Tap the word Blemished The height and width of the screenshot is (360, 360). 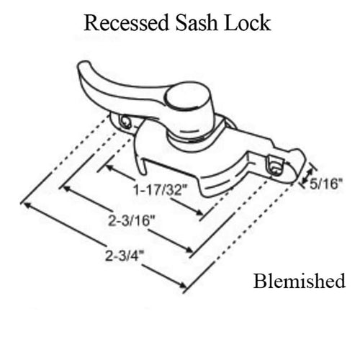click(x=299, y=281)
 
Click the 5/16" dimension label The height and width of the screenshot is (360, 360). click(x=332, y=185)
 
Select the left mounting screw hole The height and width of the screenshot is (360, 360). click(x=126, y=123)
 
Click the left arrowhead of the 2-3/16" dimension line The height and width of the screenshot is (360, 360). click(x=66, y=189)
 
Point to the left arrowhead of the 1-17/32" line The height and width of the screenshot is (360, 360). click(x=108, y=167)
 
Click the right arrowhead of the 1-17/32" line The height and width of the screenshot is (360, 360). click(x=199, y=214)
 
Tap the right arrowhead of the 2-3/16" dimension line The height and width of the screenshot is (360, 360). click(x=192, y=253)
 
